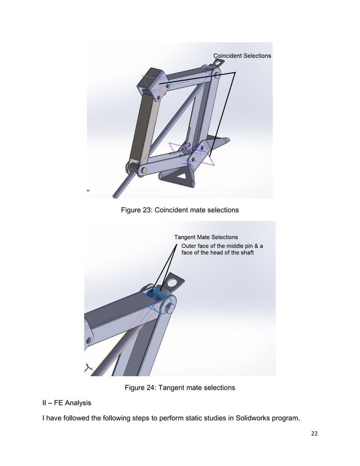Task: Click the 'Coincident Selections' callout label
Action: click(242, 55)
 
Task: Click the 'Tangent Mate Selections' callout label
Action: click(205, 237)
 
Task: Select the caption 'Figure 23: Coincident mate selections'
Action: click(179, 210)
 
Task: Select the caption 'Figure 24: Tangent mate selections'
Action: click(179, 388)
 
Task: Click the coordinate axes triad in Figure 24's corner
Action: click(87, 367)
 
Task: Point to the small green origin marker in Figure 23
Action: click(88, 190)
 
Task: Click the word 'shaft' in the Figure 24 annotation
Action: click(244, 253)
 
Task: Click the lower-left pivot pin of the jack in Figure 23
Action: click(130, 168)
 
